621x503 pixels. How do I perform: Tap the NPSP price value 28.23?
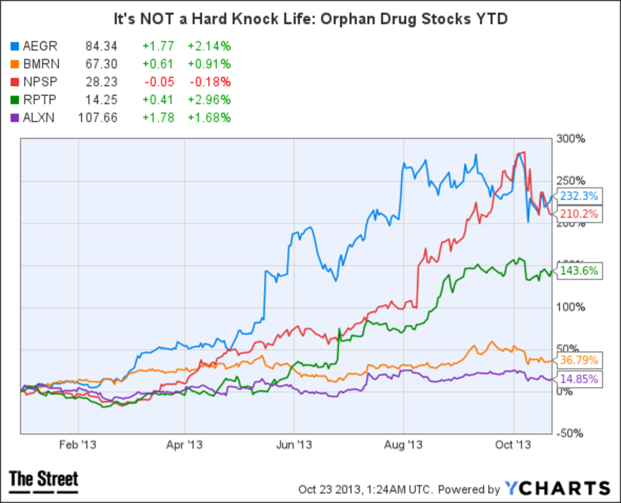tap(102, 82)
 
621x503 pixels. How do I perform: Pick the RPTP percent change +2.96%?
tap(209, 99)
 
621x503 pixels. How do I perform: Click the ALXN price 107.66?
tap(98, 117)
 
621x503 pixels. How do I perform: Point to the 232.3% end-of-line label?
tap(578, 197)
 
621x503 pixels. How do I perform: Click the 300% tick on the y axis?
tap(571, 139)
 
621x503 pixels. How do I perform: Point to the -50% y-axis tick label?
tap(571, 433)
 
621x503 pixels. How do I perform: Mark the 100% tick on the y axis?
tap(571, 307)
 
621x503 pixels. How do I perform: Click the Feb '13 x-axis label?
tap(78, 445)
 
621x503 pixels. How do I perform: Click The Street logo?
tap(44, 480)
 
